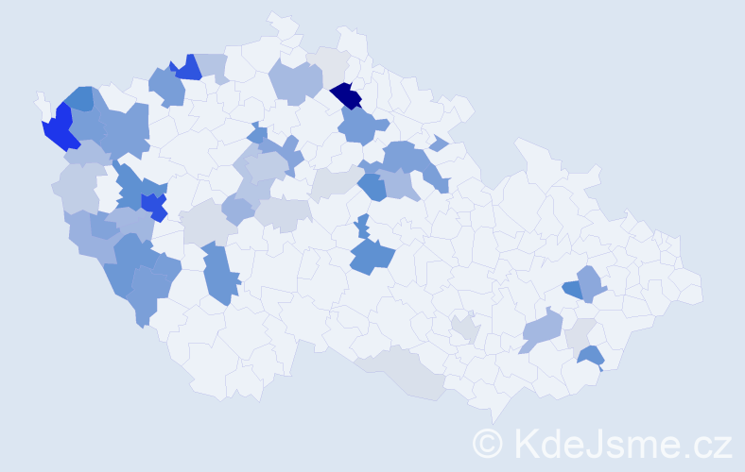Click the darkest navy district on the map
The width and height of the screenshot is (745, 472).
pyautogui.click(x=347, y=95)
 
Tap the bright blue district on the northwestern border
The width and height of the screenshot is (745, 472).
pyautogui.click(x=187, y=68)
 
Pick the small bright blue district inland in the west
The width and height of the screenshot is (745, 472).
pyautogui.click(x=153, y=205)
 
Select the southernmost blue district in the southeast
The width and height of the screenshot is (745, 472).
pyautogui.click(x=590, y=356)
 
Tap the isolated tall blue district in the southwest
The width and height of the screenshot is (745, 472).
pyautogui.click(x=219, y=273)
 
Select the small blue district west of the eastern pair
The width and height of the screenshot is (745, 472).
pyautogui.click(x=571, y=289)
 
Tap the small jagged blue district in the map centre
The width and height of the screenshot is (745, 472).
pyautogui.click(x=362, y=228)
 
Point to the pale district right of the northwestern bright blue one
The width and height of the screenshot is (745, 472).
pyautogui.click(x=214, y=66)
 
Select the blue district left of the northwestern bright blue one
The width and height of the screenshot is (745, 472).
pyautogui.click(x=166, y=86)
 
